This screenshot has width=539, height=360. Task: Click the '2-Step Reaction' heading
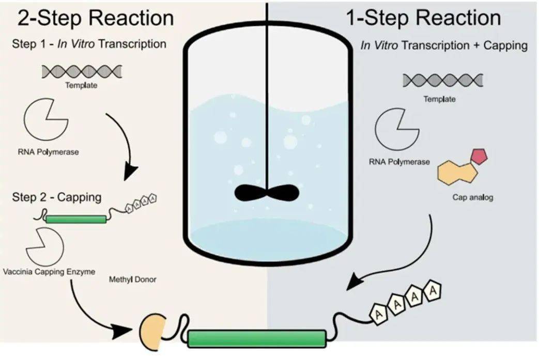click(x=96, y=18)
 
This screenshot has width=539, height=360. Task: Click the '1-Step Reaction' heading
click(x=423, y=18)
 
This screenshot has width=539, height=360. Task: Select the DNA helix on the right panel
click(x=443, y=80)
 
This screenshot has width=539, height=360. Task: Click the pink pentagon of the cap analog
click(x=478, y=155)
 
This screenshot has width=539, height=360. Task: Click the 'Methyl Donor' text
click(x=132, y=280)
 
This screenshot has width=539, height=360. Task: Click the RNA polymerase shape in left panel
click(x=45, y=123)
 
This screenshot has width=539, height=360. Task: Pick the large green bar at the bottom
click(x=257, y=339)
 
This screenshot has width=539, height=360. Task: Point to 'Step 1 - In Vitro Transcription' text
click(x=89, y=44)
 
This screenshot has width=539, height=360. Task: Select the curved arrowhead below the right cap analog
click(x=356, y=282)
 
